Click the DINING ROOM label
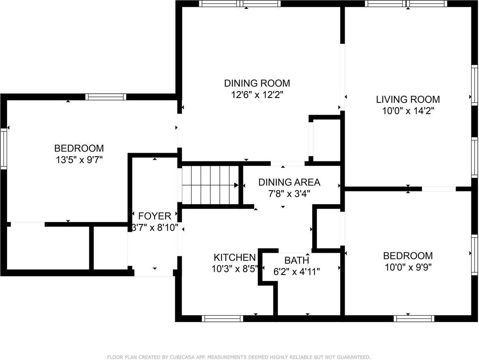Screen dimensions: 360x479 257,83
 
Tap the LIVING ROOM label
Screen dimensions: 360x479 408,99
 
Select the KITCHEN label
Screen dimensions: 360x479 234,258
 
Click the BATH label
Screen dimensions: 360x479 296,260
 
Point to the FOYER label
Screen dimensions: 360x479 155,216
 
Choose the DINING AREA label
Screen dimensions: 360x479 289,182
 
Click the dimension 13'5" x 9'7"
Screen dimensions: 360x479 79,160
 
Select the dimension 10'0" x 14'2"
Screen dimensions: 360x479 408,111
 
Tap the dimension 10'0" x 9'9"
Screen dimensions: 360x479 408,267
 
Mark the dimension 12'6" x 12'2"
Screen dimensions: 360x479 257,95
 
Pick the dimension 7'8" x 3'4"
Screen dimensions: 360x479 289,194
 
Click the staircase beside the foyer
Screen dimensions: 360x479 209,185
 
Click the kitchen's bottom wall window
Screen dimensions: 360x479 223,318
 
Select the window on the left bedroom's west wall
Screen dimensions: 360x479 4,149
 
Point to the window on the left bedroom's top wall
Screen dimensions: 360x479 106,97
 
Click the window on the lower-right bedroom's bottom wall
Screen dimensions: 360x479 414,318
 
